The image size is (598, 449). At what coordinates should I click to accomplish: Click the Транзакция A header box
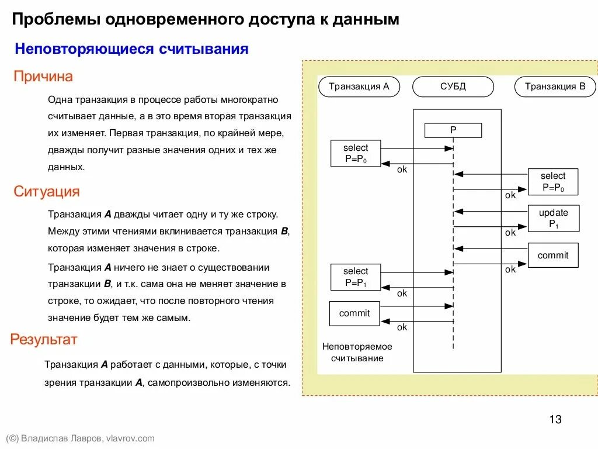pyautogui.click(x=359, y=87)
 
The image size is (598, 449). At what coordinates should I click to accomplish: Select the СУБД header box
pyautogui.click(x=453, y=87)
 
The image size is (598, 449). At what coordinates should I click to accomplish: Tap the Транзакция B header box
pyautogui.click(x=555, y=87)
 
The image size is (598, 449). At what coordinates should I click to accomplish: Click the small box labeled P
pyautogui.click(x=453, y=130)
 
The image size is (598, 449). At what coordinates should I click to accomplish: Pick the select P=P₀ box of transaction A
pyautogui.click(x=356, y=154)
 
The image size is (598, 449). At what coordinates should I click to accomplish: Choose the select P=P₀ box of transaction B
pyautogui.click(x=553, y=182)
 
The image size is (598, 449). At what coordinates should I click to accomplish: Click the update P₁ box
pyautogui.click(x=553, y=218)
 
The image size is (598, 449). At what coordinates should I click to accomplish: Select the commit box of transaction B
pyautogui.click(x=553, y=255)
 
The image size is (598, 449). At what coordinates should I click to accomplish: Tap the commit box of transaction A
pyautogui.click(x=354, y=313)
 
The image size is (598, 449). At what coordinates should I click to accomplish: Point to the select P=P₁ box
pyautogui.click(x=356, y=277)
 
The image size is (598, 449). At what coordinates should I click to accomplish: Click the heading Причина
pyautogui.click(x=43, y=77)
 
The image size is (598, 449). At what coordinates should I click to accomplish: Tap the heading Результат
pyautogui.click(x=44, y=340)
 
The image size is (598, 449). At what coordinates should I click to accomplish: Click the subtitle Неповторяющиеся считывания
pyautogui.click(x=132, y=49)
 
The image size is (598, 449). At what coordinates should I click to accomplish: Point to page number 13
pyautogui.click(x=555, y=419)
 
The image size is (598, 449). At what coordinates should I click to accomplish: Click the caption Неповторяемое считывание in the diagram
pyautogui.click(x=357, y=352)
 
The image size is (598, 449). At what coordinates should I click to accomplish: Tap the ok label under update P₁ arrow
pyautogui.click(x=510, y=233)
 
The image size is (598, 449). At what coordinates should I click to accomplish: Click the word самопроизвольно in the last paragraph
pyautogui.click(x=193, y=383)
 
